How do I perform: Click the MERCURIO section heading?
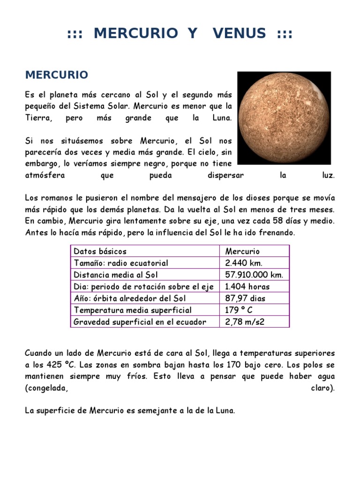56,75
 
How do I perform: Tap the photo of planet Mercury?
284,118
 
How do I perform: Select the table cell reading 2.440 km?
244,263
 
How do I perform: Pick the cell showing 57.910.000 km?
254,275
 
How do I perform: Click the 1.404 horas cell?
247,286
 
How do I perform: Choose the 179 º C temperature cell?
240,310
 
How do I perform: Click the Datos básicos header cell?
100,251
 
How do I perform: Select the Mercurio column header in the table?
242,251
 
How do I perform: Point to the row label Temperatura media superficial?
133,310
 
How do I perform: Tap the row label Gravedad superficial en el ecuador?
140,322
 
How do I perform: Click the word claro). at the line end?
323,388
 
